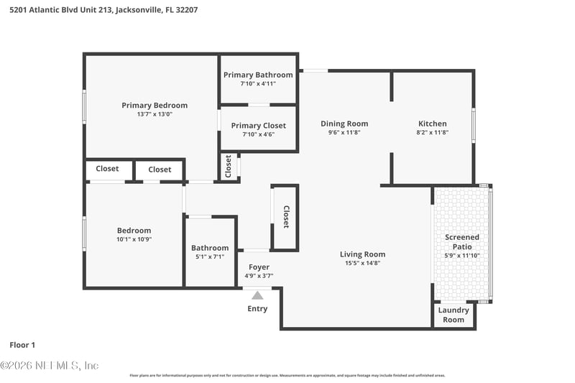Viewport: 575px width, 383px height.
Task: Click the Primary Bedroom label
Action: pos(154,105)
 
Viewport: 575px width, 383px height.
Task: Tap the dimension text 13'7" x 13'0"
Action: pos(154,114)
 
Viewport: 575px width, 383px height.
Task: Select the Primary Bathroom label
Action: pos(258,75)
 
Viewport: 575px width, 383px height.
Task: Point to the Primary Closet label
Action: pos(258,125)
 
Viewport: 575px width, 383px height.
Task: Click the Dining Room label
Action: pos(344,124)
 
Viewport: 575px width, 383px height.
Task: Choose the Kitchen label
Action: pos(432,124)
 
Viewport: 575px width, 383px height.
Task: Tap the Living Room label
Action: pos(362,254)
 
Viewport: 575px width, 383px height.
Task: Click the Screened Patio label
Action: pos(461,241)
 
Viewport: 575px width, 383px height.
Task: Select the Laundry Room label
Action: pos(454,315)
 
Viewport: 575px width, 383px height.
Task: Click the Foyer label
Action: pos(259,267)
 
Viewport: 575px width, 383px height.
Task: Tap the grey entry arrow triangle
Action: pos(257,295)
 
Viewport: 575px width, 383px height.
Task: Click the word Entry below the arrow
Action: pos(257,309)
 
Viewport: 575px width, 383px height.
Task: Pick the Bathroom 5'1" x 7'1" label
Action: pos(209,248)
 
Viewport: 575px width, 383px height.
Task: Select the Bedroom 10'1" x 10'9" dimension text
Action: pos(135,239)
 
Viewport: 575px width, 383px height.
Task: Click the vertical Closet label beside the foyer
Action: pos(285,217)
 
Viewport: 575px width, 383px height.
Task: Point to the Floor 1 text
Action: pos(22,345)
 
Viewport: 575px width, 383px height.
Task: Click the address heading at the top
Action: pos(103,10)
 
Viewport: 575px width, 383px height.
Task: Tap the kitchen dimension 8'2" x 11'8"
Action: pos(432,132)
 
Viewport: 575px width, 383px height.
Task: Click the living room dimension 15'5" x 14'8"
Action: pos(362,263)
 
